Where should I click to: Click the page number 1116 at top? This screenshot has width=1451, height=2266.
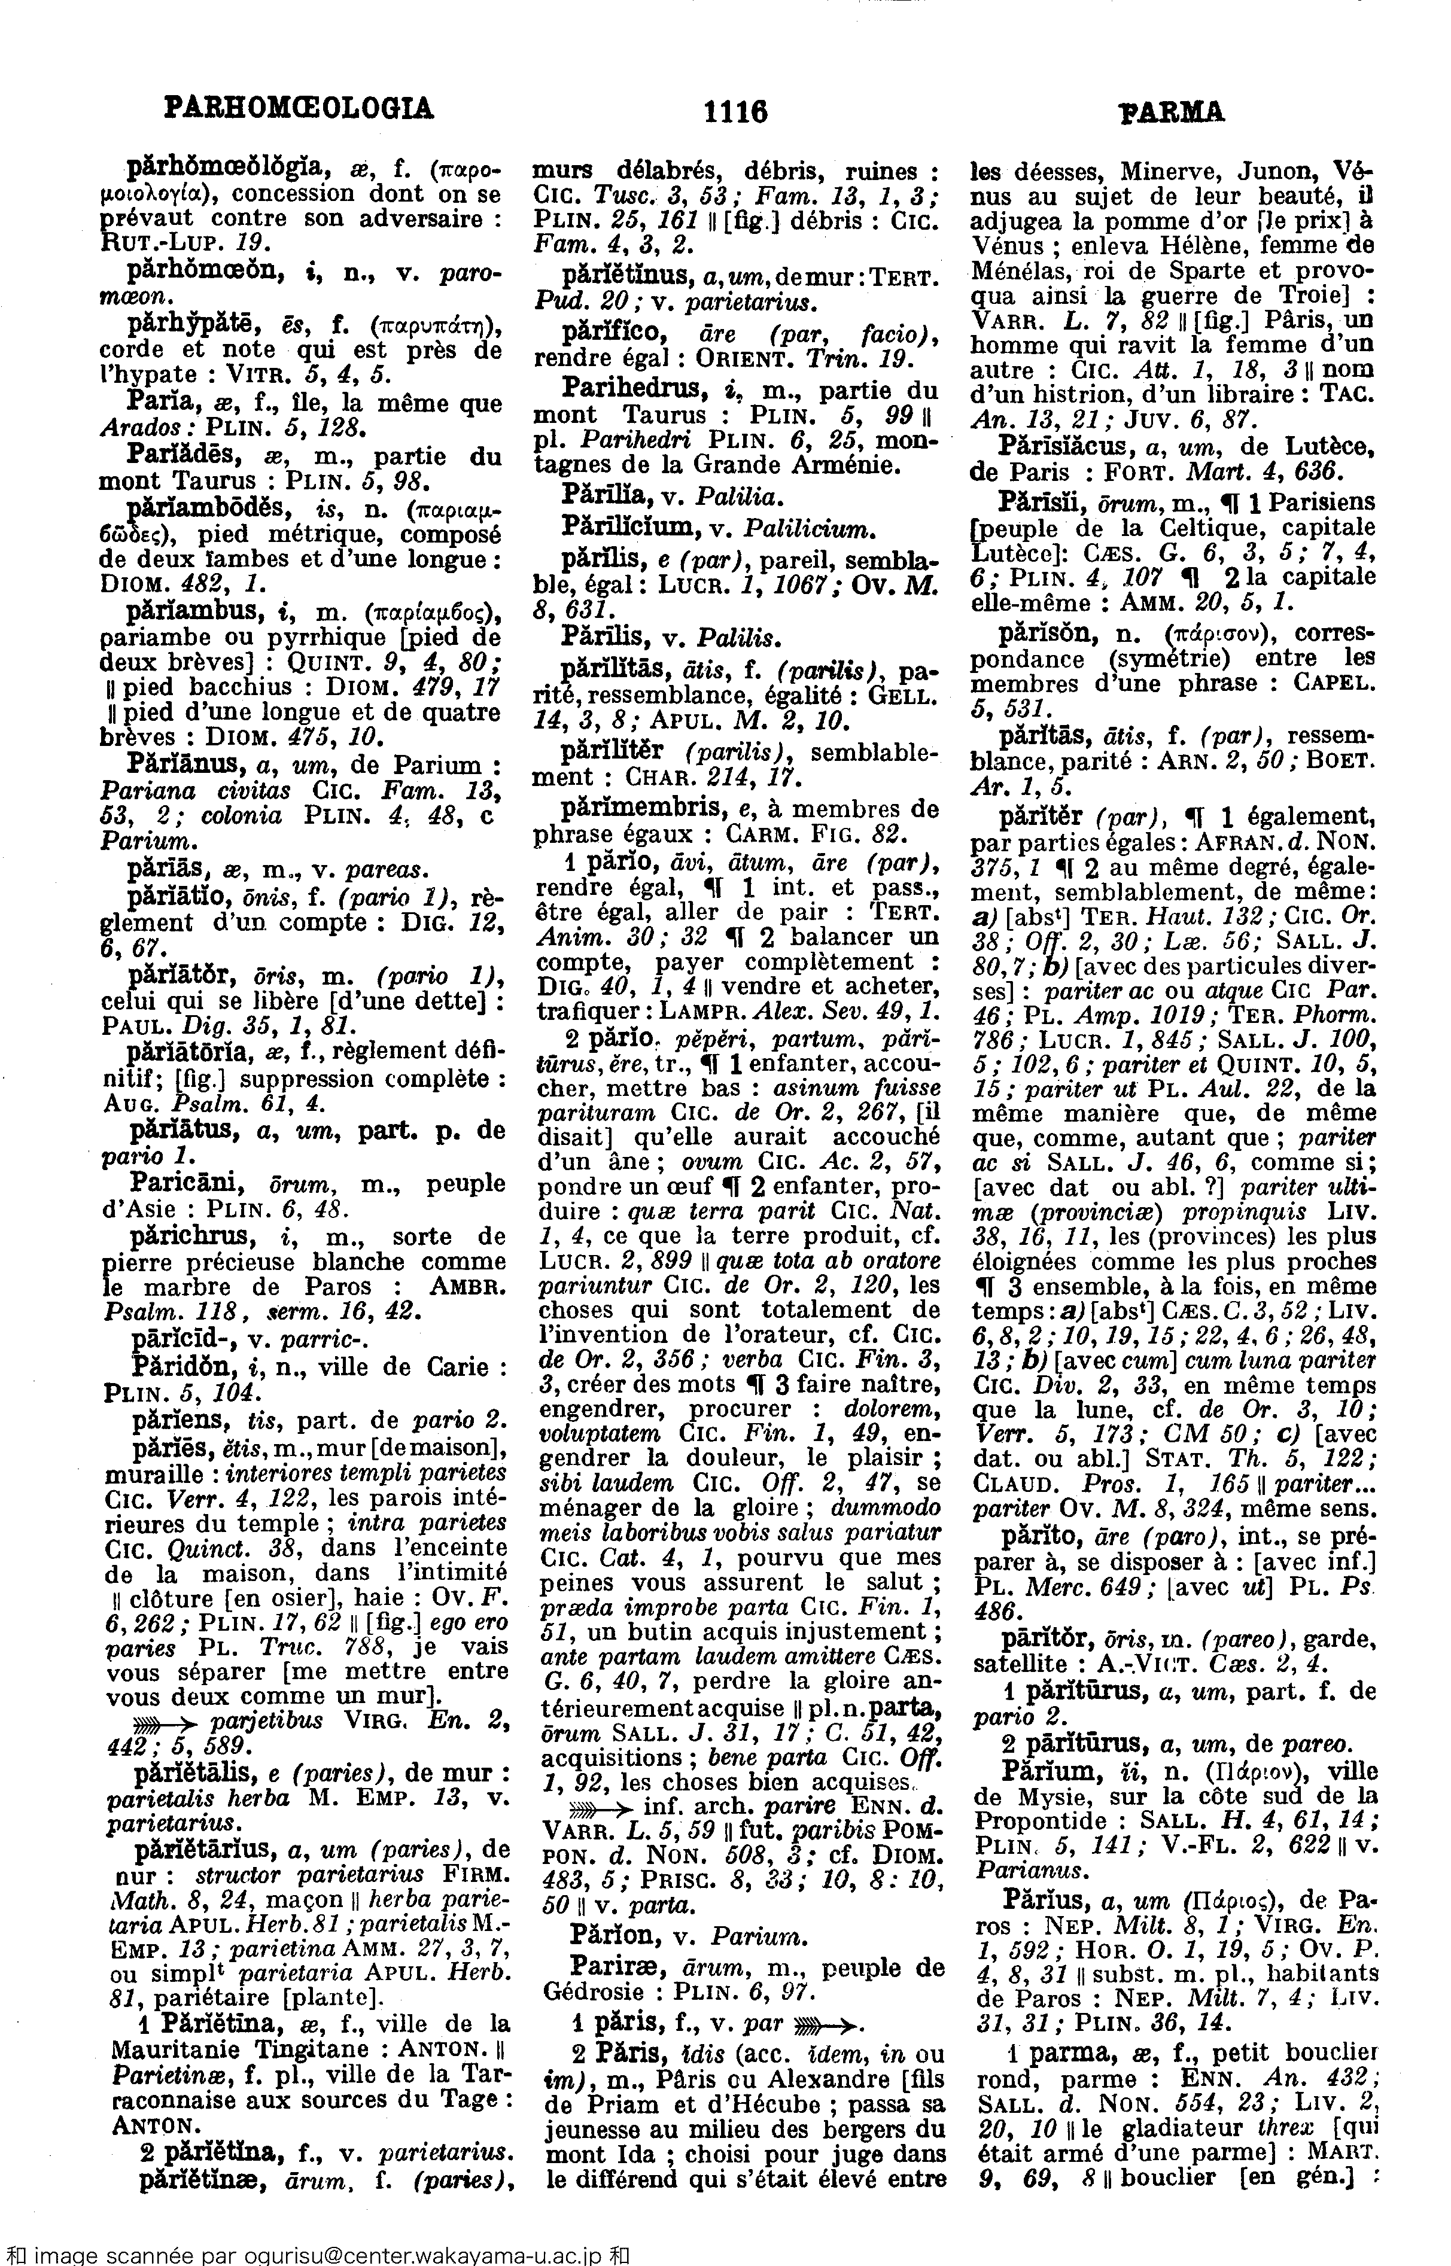pos(735,112)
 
